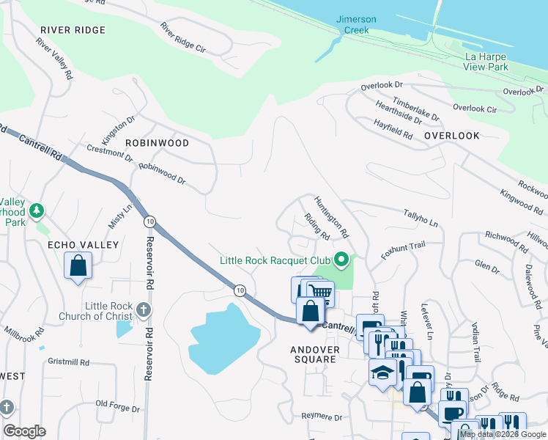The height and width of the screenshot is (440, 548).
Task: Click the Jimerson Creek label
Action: click(358, 25)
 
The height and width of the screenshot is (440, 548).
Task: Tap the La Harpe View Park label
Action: click(486, 61)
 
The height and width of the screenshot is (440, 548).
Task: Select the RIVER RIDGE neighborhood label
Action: click(73, 30)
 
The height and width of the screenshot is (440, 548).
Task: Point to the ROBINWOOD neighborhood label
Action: click(157, 143)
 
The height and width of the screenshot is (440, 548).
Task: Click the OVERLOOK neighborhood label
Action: click(451, 136)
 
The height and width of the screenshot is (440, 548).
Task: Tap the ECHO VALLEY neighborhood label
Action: click(73, 244)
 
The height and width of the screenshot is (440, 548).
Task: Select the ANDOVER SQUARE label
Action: click(315, 355)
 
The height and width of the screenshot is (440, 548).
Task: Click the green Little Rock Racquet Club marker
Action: click(341, 259)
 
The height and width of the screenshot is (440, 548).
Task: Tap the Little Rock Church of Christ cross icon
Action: click(144, 310)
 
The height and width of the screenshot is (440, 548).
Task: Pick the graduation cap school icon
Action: click(382, 373)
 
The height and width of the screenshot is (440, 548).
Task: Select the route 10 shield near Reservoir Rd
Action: click(149, 221)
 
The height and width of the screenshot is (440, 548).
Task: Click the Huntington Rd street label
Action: click(331, 218)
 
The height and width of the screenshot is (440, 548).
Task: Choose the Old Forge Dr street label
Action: click(116, 404)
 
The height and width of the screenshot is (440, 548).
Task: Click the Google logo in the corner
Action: click(24, 431)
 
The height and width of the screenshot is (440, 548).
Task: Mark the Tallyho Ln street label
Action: click(421, 217)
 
